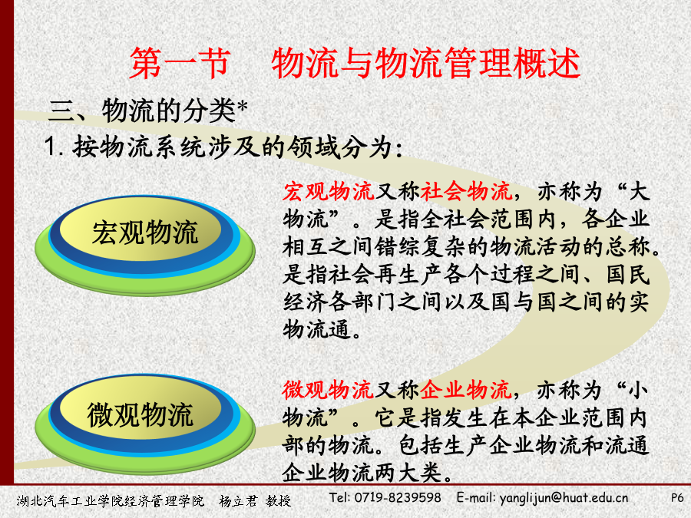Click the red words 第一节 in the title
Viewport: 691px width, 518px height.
[180, 64]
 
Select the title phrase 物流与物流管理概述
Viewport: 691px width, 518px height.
[425, 64]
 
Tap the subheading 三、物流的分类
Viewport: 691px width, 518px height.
[142, 110]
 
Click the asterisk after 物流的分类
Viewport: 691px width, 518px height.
[242, 107]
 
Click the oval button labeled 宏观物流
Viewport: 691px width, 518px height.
[145, 245]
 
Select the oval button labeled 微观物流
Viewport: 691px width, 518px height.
[145, 424]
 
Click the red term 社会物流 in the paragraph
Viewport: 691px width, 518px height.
[466, 192]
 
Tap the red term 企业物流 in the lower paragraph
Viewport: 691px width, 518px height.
[466, 390]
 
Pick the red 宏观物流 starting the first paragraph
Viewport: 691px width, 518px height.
[329, 192]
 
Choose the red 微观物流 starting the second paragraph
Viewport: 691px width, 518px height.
[328, 390]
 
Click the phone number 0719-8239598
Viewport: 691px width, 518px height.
[398, 498]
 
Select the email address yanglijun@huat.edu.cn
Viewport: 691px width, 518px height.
[564, 498]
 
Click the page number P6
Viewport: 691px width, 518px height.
[677, 498]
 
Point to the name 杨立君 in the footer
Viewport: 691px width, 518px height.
[238, 501]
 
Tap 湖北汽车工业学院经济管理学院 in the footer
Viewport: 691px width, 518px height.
[111, 501]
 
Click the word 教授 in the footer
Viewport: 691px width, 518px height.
[278, 501]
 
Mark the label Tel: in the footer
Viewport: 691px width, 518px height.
[339, 498]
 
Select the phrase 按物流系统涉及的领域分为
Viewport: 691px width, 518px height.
[232, 147]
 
